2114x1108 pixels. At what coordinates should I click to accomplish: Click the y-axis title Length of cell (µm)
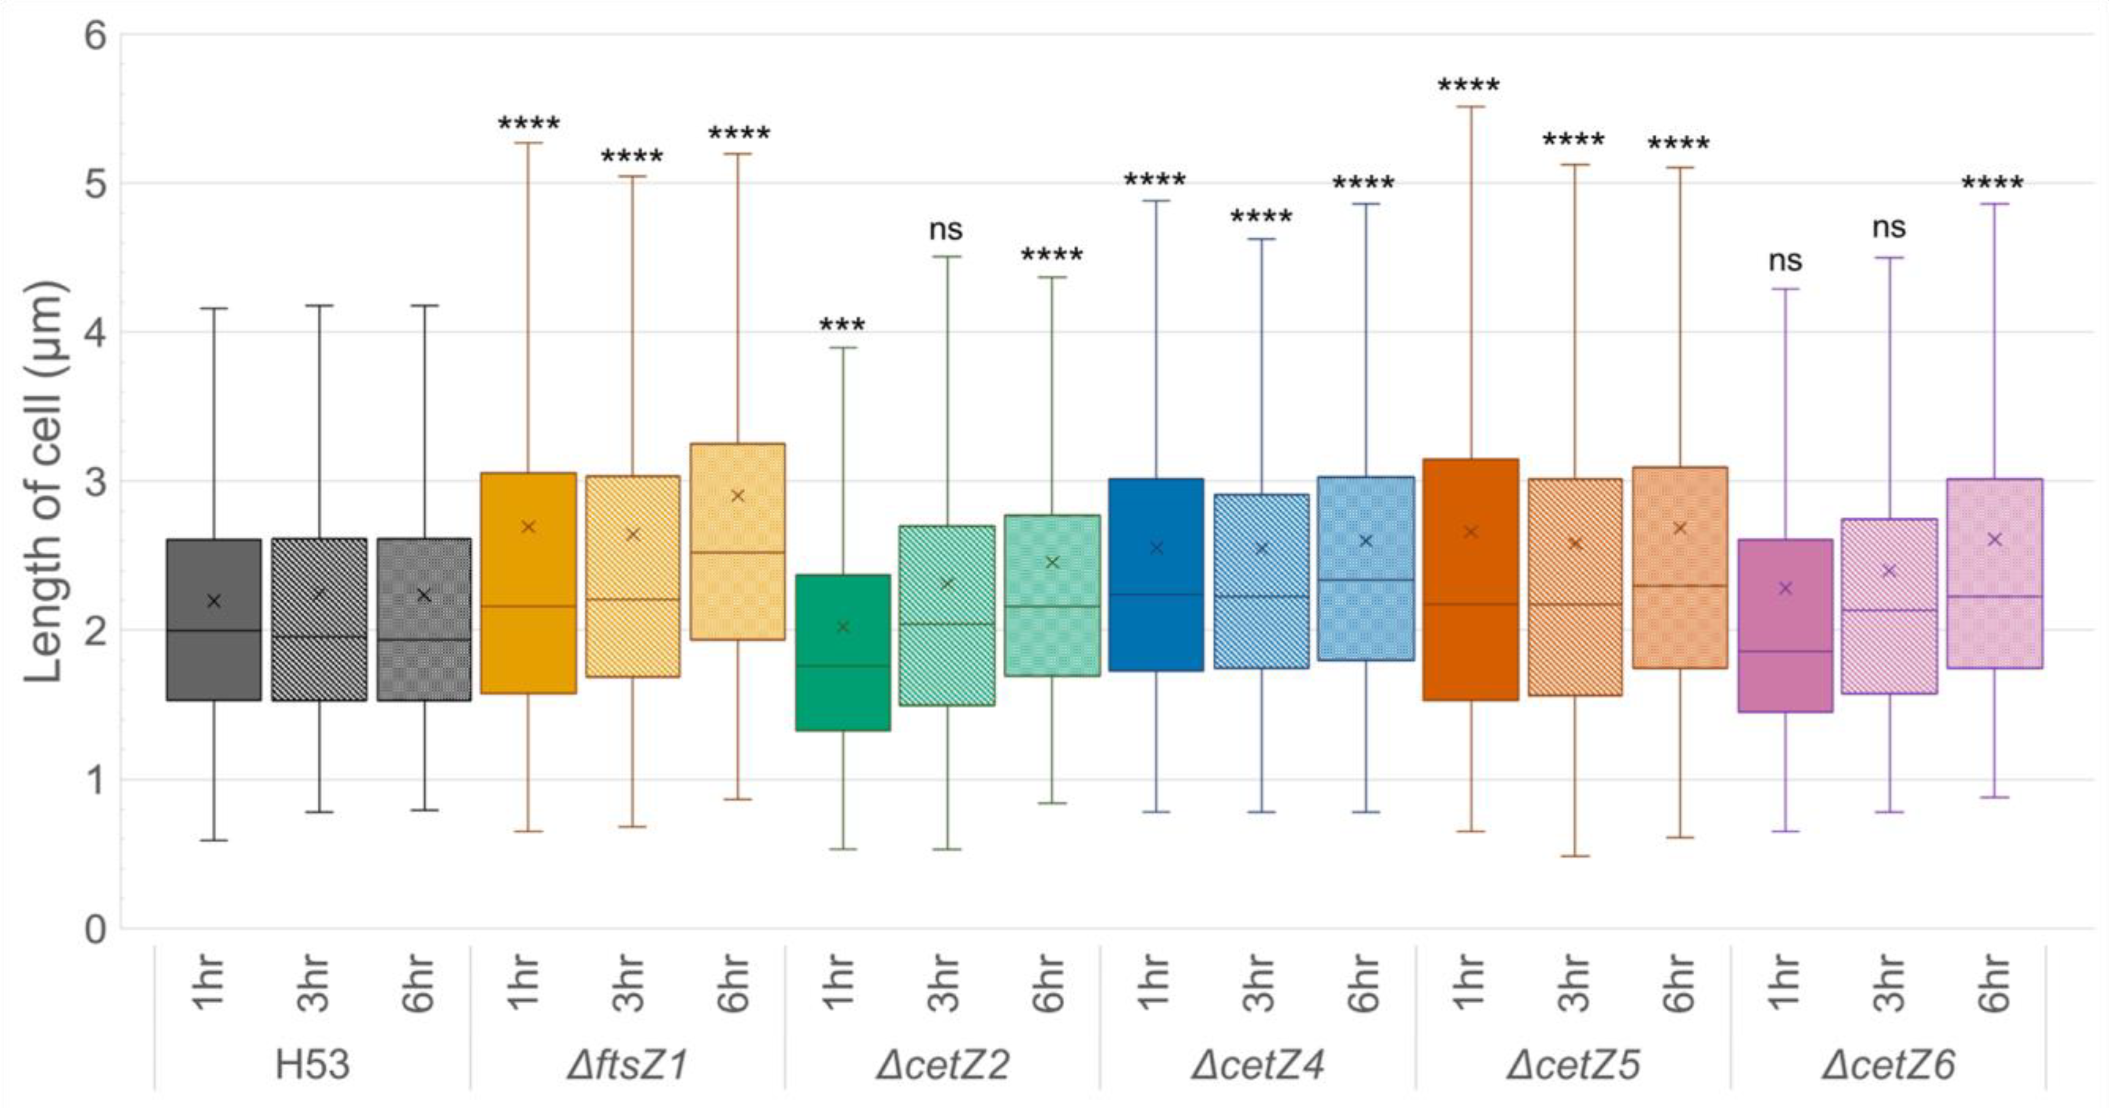point(43,482)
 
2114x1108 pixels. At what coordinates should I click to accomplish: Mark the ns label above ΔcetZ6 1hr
point(1785,261)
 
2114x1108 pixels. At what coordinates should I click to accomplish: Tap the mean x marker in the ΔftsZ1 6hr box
point(737,496)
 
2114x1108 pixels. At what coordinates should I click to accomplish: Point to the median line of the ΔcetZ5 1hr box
point(1471,604)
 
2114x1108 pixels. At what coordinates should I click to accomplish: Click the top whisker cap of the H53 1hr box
point(214,309)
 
